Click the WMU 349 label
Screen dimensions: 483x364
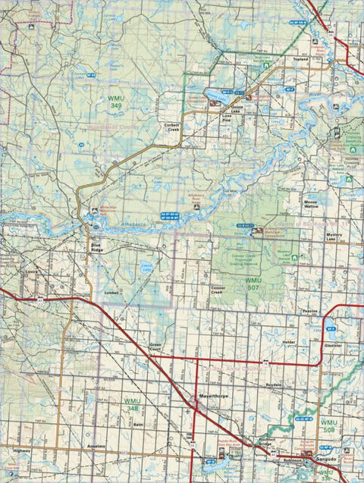[115, 102]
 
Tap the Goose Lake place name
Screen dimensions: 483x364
[238, 109]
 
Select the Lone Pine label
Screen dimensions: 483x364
[225, 118]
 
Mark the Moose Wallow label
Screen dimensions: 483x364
[312, 205]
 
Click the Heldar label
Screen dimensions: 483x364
[290, 342]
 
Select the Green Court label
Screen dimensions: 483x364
[157, 348]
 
